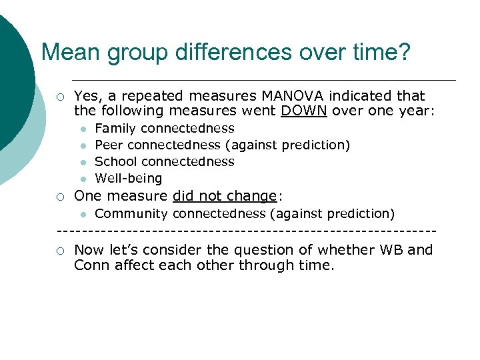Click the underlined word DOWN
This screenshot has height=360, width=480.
click(303, 111)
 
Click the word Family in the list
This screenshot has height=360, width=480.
click(115, 128)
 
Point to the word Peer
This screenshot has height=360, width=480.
click(109, 145)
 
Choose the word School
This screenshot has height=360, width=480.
click(116, 161)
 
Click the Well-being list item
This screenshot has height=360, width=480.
click(129, 178)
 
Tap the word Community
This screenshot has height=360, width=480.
click(131, 214)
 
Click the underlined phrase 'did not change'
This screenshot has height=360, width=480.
click(224, 196)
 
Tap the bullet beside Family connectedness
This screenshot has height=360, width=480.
click(81, 129)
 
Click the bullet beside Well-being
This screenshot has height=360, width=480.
click(81, 179)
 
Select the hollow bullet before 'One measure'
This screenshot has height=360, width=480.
click(61, 197)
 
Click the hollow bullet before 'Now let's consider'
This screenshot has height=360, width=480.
click(61, 251)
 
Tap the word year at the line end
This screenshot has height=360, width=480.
click(416, 111)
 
